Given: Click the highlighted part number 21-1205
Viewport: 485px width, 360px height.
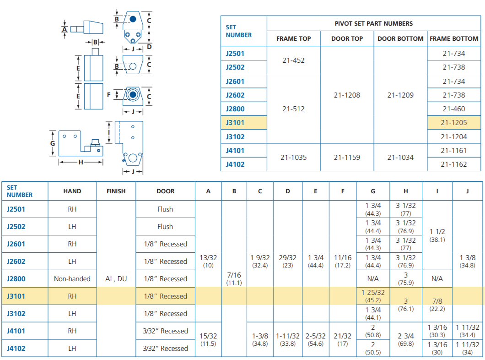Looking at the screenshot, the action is point(453,123).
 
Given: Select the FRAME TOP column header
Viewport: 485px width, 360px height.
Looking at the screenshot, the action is point(293,38).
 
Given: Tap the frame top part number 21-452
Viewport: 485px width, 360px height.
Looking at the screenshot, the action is point(293,60).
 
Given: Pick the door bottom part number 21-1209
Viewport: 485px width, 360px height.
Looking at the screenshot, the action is point(400,95).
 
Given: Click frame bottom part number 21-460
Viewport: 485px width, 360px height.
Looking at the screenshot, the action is point(453,109).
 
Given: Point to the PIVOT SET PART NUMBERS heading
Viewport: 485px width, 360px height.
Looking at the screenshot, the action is point(373,23).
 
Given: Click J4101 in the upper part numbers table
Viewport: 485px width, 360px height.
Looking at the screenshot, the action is point(235,151).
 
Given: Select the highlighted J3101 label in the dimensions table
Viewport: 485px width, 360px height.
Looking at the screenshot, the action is point(16,296).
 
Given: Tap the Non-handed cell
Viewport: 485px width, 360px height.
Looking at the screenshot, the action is point(72,279).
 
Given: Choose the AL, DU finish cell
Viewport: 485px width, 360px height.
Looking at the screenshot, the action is point(116,279).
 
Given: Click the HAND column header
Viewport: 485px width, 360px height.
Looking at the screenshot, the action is point(72,191).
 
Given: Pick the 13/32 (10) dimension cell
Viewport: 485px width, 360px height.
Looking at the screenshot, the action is point(208,261).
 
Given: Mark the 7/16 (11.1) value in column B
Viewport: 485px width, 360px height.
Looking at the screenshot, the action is point(234,278).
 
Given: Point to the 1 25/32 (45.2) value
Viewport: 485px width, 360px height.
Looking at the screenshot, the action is point(373,296).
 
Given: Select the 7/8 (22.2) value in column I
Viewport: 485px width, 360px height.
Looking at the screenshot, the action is point(437,305).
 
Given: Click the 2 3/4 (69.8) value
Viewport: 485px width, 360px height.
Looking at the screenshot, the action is point(406,339).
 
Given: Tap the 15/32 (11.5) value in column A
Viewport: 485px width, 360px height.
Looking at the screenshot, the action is point(208,339).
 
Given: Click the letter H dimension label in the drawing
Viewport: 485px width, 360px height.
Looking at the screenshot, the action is point(81,162).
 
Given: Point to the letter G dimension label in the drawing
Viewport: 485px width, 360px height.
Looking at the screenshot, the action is point(53,143).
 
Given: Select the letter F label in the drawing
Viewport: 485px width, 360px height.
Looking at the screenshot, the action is point(108,95).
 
